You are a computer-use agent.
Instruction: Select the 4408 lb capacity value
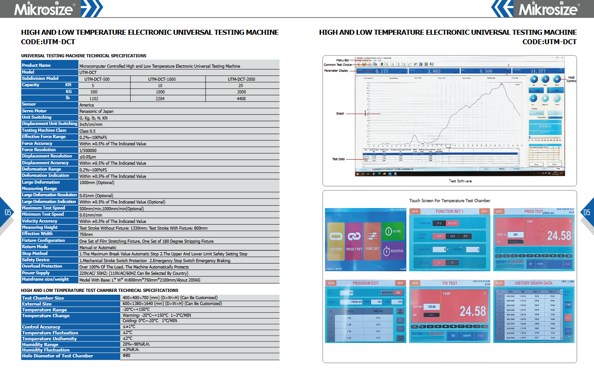coord(241,98)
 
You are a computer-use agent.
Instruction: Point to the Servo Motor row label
coord(34,111)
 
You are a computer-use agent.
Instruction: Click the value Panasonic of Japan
coord(96,111)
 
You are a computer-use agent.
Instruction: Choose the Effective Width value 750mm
coord(86,235)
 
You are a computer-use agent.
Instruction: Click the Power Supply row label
coord(36,273)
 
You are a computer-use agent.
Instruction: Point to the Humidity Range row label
coord(40,344)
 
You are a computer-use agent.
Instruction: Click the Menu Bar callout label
coord(343,60)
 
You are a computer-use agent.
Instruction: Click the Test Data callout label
coord(338,159)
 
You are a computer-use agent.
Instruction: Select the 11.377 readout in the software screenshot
coord(538,71)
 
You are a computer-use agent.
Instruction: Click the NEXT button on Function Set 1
coord(484,211)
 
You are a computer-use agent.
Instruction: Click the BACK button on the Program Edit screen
coord(331,283)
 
